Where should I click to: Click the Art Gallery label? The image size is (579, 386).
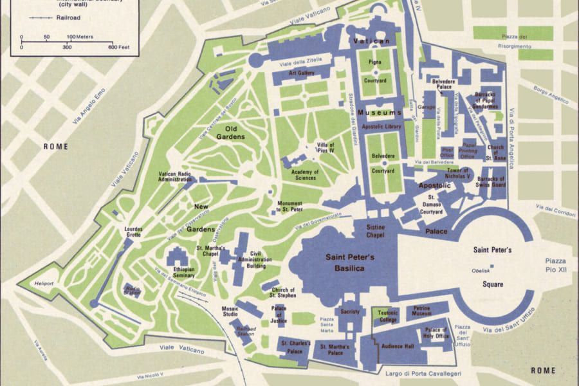(300, 73)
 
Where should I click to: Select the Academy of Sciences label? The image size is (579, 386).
(306, 175)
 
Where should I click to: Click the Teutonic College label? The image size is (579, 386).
(388, 315)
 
